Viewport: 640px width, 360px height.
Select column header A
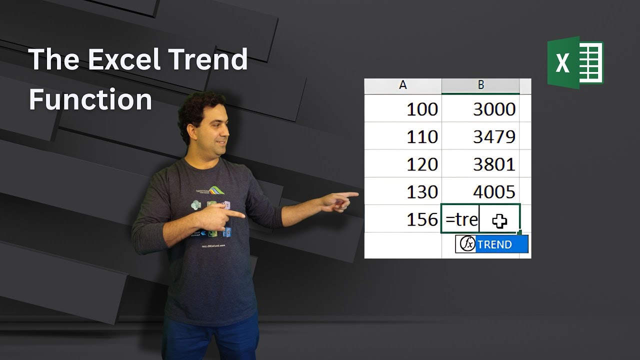(403, 85)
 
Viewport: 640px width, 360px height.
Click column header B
(480, 85)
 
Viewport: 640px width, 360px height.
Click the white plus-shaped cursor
(499, 221)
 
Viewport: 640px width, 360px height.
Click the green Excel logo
(575, 62)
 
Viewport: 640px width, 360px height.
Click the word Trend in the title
(207, 59)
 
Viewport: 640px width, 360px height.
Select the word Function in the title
(90, 99)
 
